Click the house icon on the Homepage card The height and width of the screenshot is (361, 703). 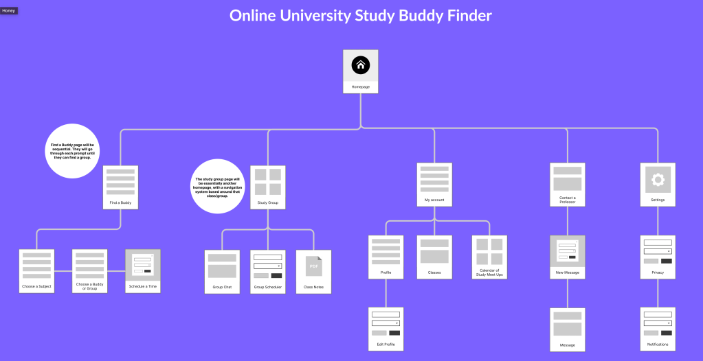(x=361, y=65)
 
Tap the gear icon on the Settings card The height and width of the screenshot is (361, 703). (x=658, y=180)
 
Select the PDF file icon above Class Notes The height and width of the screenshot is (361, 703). (x=313, y=266)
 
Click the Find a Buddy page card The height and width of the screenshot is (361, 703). (x=120, y=187)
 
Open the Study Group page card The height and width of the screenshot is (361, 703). (x=267, y=187)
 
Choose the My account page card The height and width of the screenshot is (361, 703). (x=434, y=184)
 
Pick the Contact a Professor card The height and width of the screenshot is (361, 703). (x=567, y=184)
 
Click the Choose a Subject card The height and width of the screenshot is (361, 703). (x=36, y=271)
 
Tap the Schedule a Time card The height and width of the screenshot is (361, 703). (x=142, y=271)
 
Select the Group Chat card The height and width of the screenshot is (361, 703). (x=222, y=272)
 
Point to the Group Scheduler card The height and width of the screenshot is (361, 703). (x=267, y=272)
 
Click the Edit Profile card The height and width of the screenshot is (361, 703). (x=386, y=329)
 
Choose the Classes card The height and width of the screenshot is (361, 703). (x=434, y=257)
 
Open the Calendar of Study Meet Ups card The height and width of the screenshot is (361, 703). (x=489, y=257)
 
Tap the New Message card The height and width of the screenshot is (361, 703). (x=567, y=257)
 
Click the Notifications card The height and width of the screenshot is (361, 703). (x=658, y=329)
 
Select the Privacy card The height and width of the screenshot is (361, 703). (x=658, y=257)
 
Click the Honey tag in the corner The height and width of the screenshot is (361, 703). (x=9, y=11)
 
